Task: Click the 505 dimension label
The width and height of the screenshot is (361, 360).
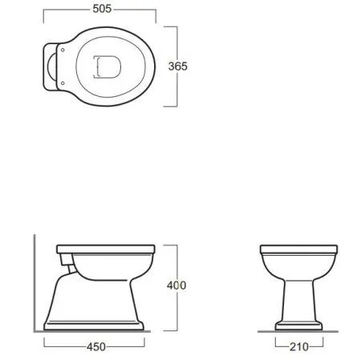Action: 102,9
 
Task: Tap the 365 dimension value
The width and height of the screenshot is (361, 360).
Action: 178,67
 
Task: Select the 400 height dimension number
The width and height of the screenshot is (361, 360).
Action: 176,285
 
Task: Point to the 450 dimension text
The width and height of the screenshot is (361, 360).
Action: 96,347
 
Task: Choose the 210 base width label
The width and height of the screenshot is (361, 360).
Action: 299,347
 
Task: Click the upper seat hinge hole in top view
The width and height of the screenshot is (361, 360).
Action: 63,50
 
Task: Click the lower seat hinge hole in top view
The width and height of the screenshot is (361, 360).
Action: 63,83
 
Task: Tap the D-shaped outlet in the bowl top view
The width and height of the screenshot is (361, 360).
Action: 107,67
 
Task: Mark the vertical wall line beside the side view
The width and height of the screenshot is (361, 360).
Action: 34,283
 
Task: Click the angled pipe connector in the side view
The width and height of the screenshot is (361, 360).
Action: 72,269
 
